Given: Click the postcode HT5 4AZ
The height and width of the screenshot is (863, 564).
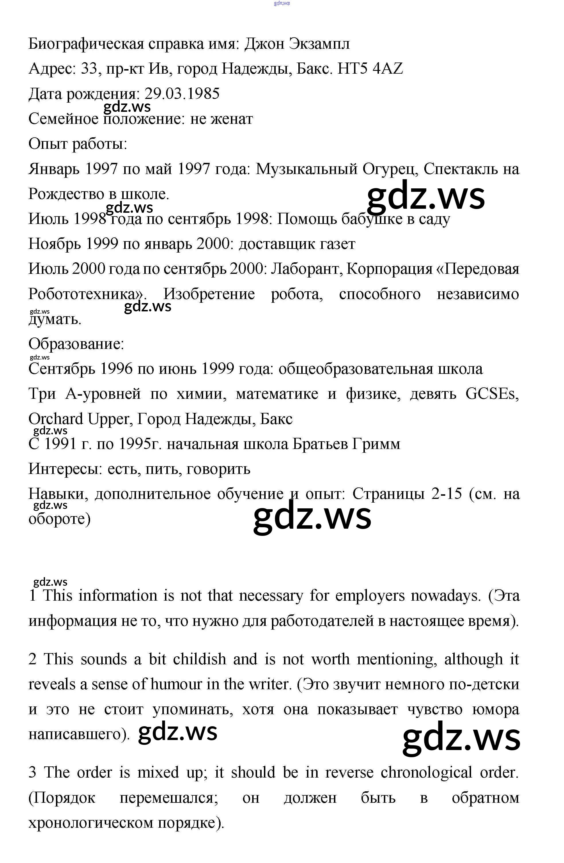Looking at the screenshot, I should pos(370,69).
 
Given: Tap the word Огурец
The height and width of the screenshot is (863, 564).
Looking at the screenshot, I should pos(389,169).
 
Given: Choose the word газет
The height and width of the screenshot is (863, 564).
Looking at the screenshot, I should pos(337,244).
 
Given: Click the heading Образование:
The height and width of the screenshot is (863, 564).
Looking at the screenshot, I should pos(76,344).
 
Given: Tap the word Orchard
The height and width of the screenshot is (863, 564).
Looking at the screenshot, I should pos(56,419).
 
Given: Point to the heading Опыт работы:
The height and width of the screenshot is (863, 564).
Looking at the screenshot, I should pos(78,144).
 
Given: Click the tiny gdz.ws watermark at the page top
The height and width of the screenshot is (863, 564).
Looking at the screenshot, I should pos(282,3).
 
